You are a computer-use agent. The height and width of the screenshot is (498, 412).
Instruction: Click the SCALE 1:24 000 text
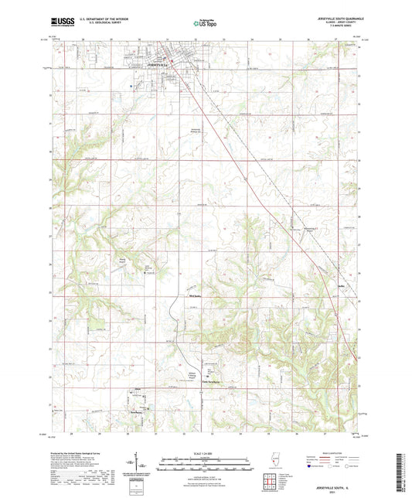pos(203,452)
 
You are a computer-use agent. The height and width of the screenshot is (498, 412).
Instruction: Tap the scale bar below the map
pos(203,463)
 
